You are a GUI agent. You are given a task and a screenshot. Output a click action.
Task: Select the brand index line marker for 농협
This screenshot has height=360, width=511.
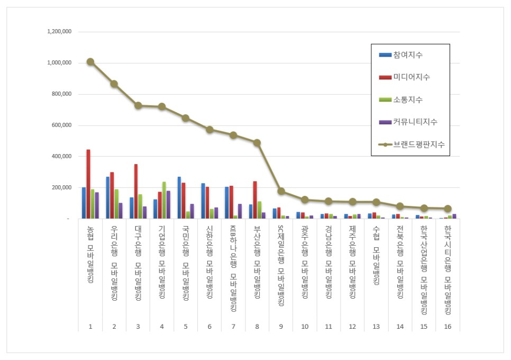click(90, 62)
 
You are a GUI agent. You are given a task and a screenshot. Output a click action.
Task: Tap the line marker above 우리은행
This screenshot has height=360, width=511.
click(114, 84)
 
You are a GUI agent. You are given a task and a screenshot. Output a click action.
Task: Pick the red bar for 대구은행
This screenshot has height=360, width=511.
click(136, 191)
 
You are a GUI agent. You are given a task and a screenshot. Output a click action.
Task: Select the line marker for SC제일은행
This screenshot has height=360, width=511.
click(281, 191)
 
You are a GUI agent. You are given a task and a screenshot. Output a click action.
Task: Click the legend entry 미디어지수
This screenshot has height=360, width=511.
click(411, 77)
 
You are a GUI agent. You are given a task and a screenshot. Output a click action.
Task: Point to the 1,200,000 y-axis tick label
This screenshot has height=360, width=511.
click(59, 32)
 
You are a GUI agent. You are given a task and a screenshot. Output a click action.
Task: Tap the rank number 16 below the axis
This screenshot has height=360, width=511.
click(448, 326)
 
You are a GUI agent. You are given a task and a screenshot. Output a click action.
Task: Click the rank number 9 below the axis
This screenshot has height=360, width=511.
click(281, 326)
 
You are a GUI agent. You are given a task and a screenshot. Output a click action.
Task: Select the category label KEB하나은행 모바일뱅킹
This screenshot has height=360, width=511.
click(233, 269)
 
